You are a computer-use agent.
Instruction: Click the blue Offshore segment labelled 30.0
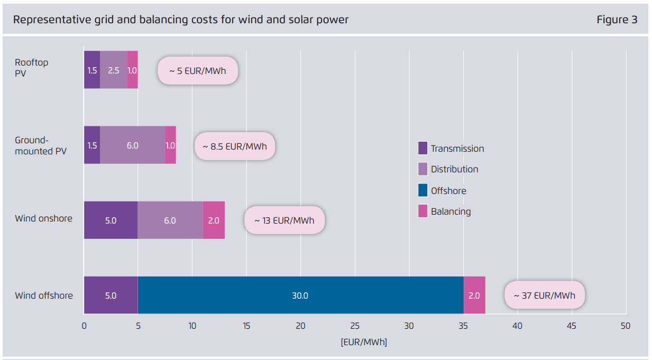[x=300, y=295]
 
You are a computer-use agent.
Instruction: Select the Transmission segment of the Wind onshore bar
[x=111, y=220]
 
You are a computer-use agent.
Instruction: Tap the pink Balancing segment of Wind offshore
[x=474, y=295]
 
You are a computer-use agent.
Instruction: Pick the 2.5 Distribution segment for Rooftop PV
[x=113, y=70]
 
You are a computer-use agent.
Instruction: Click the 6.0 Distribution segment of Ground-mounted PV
[x=132, y=145]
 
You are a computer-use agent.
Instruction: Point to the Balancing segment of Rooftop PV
[x=132, y=70]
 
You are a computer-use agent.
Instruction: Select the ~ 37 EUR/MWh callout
[x=545, y=295]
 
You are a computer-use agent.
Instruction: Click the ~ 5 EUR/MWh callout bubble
[x=198, y=70]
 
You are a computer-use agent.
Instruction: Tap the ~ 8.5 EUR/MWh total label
[x=235, y=145]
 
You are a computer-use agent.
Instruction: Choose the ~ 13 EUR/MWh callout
[x=284, y=220]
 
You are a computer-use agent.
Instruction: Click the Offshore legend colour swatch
[x=423, y=190]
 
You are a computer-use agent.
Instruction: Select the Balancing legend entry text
[x=451, y=211]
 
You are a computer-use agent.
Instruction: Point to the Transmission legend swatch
[x=423, y=148]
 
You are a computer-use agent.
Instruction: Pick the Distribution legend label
[x=454, y=169]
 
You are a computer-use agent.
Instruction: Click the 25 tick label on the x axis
[x=355, y=326]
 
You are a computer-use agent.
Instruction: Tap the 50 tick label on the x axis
[x=626, y=326]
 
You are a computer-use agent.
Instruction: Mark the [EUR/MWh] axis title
[x=364, y=342]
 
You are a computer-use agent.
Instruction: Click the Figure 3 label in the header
[x=617, y=20]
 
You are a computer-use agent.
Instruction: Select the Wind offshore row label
[x=44, y=295]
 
